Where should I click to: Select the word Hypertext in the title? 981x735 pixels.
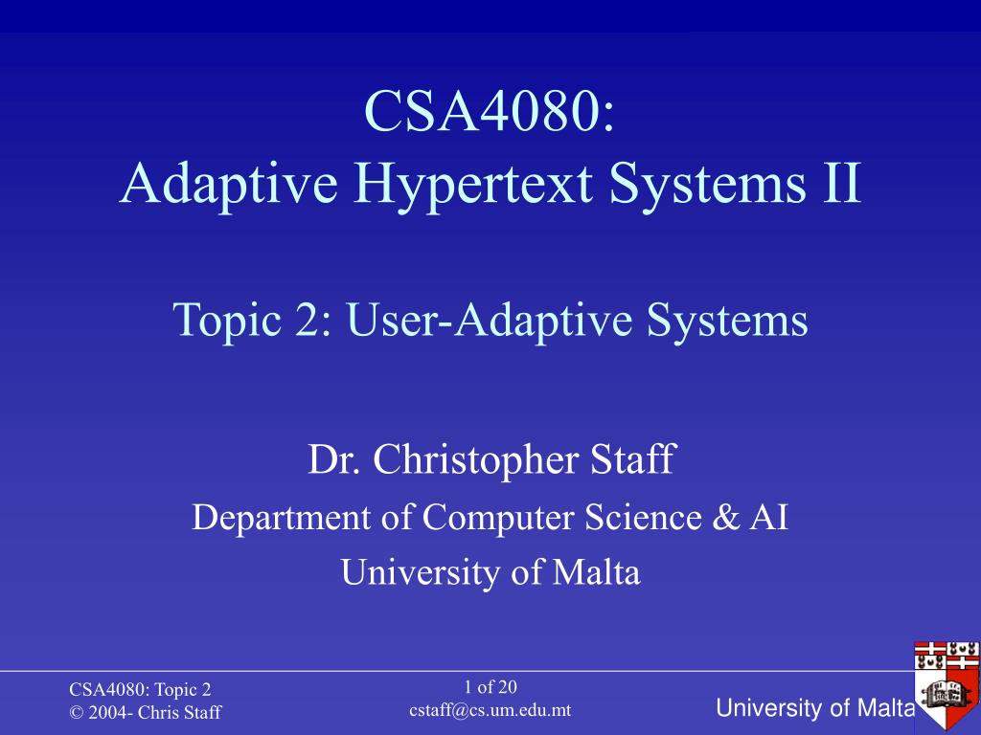tap(472, 186)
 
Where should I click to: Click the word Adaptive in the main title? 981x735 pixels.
tap(229, 185)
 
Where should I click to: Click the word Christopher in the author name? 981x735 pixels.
tap(475, 460)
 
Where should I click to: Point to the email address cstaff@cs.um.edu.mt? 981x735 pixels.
tap(490, 710)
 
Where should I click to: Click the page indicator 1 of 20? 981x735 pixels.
tap(490, 687)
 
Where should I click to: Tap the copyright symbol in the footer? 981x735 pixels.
tap(77, 712)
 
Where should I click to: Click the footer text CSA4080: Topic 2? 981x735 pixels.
tap(140, 689)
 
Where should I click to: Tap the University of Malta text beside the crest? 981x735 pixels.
tap(815, 708)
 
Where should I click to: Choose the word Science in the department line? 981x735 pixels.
tap(643, 518)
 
